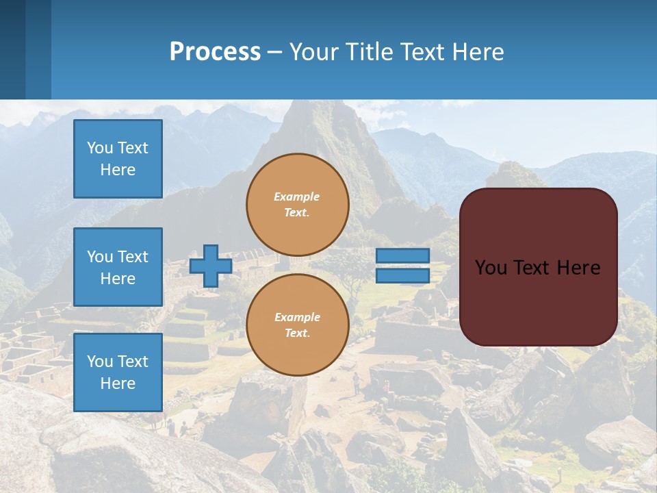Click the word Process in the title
(215, 52)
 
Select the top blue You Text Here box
(118, 159)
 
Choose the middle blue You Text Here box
(118, 267)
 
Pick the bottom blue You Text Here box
(118, 372)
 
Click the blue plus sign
(211, 266)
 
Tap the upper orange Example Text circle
(298, 205)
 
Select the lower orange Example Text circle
(298, 325)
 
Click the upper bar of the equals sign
(403, 255)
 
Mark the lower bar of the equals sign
(403, 276)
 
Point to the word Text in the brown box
(533, 268)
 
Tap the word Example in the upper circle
(297, 197)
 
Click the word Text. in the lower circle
(297, 333)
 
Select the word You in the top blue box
(99, 148)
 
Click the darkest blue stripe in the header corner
(12, 49)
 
